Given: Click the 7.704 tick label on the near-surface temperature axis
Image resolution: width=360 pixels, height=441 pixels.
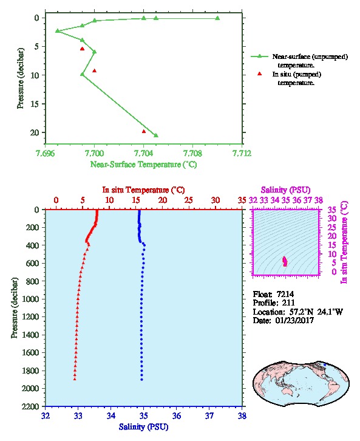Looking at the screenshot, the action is pos(144,153).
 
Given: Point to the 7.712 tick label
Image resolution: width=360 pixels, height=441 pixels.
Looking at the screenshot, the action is pos(242,153).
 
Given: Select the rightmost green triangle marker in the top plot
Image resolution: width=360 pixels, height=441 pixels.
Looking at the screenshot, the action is pos(217,18).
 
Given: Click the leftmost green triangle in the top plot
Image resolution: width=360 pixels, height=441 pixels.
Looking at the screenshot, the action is pos(58,30).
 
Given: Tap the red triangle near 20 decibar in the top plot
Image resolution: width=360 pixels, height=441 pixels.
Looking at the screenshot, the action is pos(144,131).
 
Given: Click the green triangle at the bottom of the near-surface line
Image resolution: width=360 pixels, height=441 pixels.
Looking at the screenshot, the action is pos(156,135).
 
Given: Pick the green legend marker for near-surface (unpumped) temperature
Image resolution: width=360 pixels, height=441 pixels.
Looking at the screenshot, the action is pos(260,56).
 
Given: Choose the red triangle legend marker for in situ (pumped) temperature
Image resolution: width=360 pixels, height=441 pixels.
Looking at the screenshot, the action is pos(260,73).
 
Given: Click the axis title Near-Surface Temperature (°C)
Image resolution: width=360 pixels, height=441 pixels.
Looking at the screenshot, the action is pos(143,165).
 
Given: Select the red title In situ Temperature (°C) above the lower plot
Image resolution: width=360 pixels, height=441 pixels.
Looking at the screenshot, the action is pos(143,190).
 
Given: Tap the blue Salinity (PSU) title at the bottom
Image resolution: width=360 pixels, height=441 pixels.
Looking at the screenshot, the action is pos(144,427).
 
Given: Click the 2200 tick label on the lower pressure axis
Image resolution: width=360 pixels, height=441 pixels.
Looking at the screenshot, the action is pos(30,406).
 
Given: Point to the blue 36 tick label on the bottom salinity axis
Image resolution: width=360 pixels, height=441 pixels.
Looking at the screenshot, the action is pos(177,415).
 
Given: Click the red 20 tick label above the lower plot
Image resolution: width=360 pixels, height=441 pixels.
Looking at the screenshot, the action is pos(163,200).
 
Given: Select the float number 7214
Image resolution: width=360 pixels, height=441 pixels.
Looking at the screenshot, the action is pos(285,294).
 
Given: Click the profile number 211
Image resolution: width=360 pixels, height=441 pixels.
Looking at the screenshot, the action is pos(288,303).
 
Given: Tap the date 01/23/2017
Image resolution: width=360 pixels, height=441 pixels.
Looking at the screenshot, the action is pos(294,320).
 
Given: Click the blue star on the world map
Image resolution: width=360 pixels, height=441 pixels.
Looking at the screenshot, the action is pos(325,365).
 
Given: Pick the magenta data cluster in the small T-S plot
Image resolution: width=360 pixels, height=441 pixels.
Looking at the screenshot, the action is pos(285,261).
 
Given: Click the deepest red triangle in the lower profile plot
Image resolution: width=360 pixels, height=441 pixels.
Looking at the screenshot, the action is pos(75,379).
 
